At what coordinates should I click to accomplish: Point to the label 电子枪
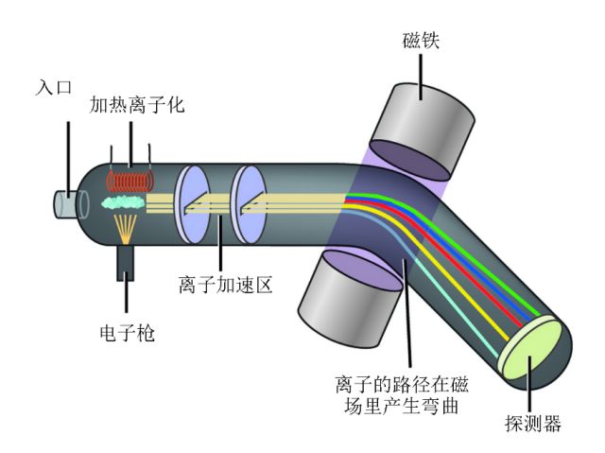coord(127,333)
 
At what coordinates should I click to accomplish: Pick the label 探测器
coord(533,425)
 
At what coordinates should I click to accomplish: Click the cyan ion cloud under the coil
coord(122,201)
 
